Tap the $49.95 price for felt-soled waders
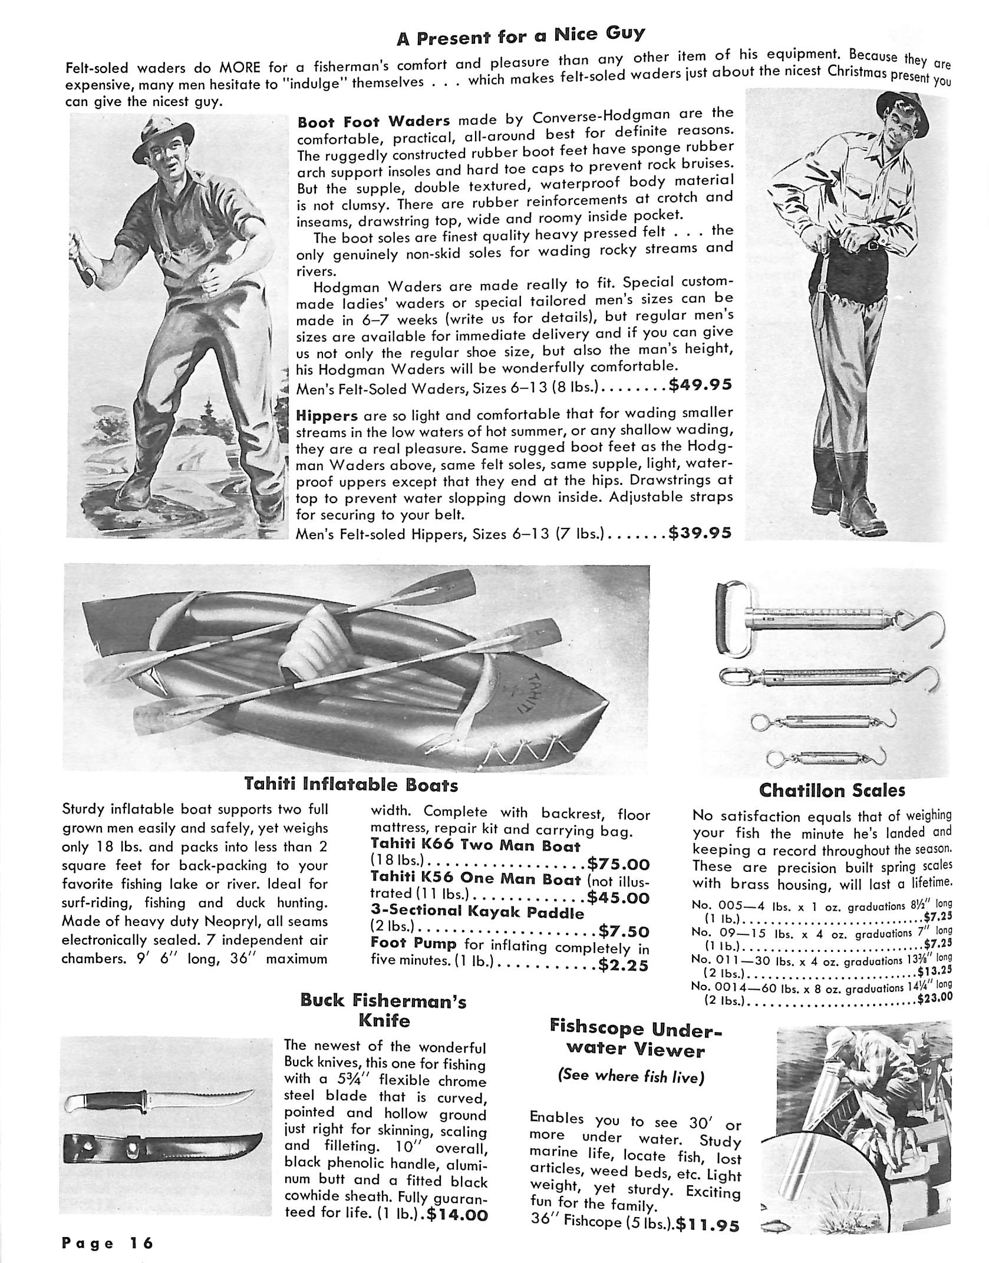[x=701, y=385]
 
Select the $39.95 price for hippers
[x=701, y=533]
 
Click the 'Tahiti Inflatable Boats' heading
[x=351, y=785]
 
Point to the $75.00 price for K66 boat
[x=618, y=864]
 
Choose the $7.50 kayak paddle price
[x=624, y=931]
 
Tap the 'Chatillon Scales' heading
[x=832, y=790]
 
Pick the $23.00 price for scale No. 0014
[x=935, y=998]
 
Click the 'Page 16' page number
[x=108, y=1241]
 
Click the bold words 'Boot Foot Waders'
[x=374, y=122]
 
